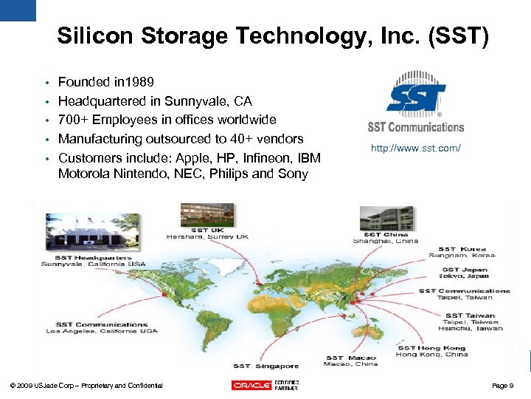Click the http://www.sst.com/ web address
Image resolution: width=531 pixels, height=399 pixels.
click(416, 149)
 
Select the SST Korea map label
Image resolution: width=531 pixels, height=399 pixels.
click(462, 249)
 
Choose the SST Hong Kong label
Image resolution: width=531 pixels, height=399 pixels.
click(431, 347)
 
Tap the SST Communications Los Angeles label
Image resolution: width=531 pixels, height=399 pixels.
click(102, 324)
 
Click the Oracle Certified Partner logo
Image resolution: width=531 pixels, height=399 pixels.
click(265, 385)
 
